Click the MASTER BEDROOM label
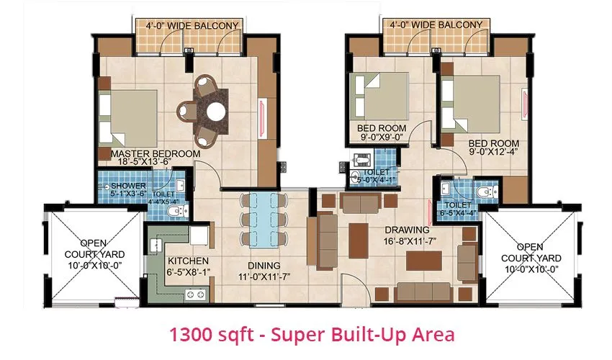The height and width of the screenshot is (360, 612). [x=155, y=153]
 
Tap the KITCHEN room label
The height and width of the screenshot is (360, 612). [x=188, y=261]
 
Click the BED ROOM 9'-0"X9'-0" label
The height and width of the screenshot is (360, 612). [x=382, y=128]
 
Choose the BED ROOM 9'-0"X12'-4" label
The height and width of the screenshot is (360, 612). [x=493, y=143]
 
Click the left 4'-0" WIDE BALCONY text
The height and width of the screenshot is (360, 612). [x=192, y=26]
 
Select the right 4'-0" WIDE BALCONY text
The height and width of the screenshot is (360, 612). [x=436, y=24]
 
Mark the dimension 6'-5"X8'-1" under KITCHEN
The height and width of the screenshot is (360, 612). [x=188, y=271]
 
